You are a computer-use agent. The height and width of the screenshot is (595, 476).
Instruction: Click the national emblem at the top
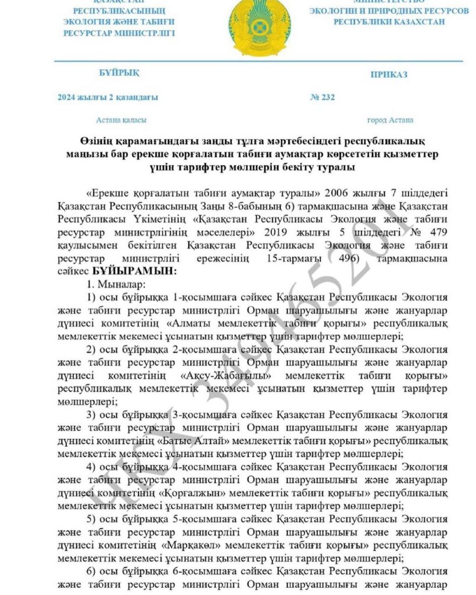click(253, 26)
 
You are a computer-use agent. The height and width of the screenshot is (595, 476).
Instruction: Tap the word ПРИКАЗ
click(389, 74)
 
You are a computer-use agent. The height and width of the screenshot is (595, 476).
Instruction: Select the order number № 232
click(323, 97)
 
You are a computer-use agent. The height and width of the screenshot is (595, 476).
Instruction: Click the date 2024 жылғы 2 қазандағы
click(108, 97)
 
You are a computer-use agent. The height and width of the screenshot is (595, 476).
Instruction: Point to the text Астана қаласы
click(121, 120)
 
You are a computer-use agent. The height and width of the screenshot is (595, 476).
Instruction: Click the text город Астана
click(390, 120)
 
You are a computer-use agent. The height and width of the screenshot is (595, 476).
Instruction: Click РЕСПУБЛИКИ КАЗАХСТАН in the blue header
click(389, 21)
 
